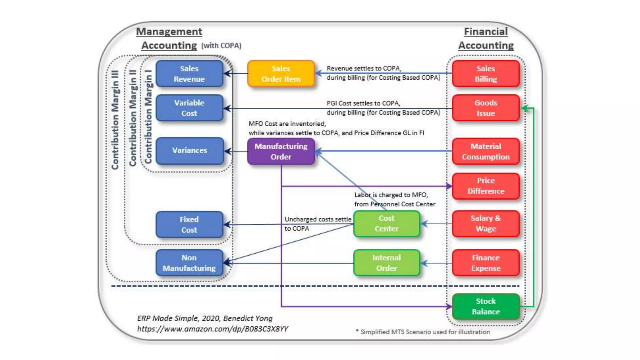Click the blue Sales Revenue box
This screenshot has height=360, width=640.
point(189,74)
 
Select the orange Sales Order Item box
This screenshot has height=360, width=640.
point(281,74)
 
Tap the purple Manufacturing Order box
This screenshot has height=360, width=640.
point(281,151)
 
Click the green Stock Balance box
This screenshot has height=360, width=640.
point(486,306)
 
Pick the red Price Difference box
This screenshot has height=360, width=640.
point(486,186)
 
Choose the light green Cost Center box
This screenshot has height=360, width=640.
point(387,223)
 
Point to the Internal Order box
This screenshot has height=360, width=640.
point(387,263)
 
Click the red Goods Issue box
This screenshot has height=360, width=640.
point(486,108)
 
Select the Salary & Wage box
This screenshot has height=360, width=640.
point(486,223)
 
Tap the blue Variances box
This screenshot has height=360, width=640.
point(189,151)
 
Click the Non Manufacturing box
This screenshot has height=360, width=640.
point(189,263)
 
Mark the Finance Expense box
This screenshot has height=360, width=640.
point(486,263)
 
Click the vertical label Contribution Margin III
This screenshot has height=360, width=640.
point(115,120)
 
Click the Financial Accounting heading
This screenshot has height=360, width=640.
point(486,38)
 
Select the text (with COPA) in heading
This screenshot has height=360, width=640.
point(221,46)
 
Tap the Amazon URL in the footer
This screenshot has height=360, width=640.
point(212,329)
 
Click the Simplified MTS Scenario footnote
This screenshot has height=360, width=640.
point(423,332)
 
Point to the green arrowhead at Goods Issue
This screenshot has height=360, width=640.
point(525,108)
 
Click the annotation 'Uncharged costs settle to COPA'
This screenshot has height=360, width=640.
point(317,224)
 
